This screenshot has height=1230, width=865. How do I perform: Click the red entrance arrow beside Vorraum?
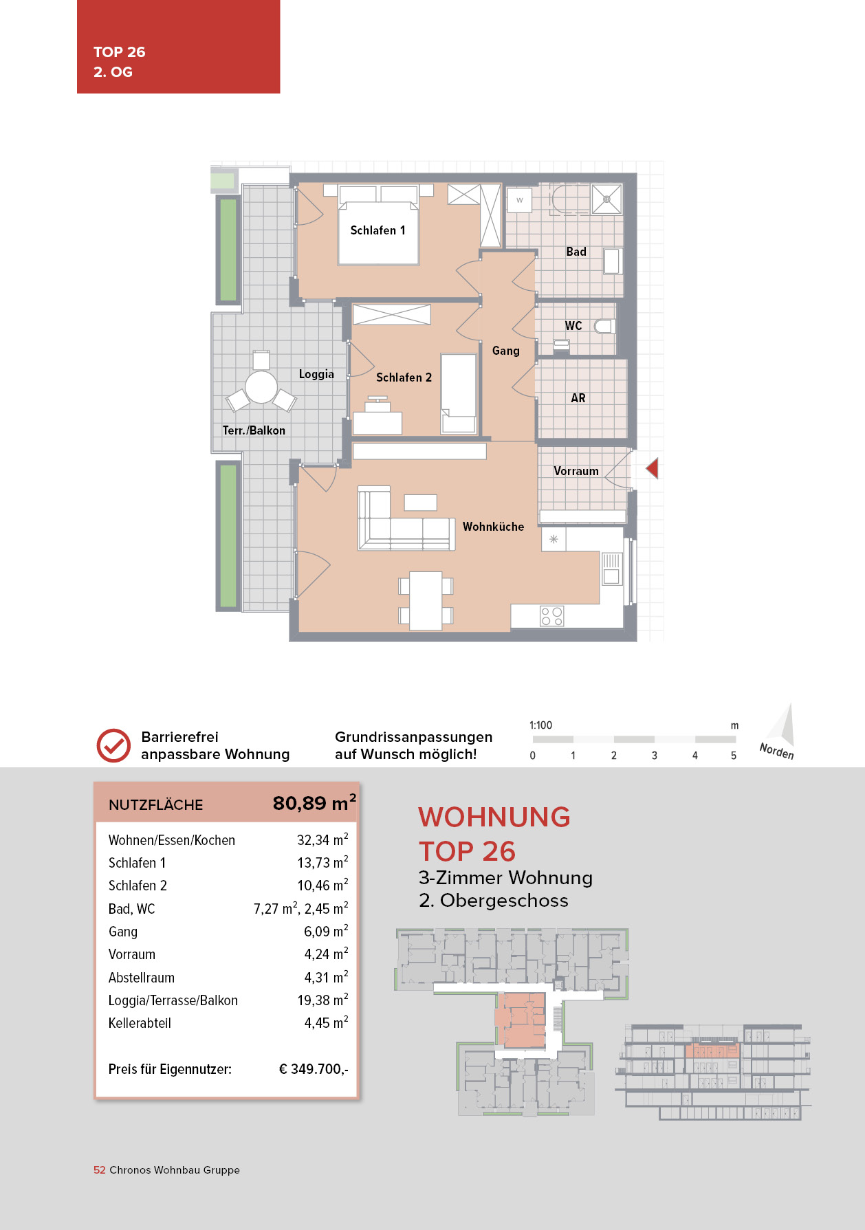pyautogui.click(x=652, y=469)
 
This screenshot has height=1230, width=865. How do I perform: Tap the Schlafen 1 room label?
pyautogui.click(x=377, y=230)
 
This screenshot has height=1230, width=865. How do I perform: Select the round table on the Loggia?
pyautogui.click(x=261, y=386)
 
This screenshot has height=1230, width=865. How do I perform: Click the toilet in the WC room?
pyautogui.click(x=604, y=326)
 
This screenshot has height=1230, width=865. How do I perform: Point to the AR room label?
pyautogui.click(x=578, y=398)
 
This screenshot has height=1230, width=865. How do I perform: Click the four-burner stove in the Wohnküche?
pyautogui.click(x=551, y=616)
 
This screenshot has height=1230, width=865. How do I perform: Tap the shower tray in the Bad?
pyautogui.click(x=606, y=199)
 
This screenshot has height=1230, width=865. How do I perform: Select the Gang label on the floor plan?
pyautogui.click(x=505, y=351)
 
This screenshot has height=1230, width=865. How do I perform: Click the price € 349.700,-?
pyautogui.click(x=314, y=1069)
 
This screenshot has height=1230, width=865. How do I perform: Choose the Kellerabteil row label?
pyautogui.click(x=140, y=1023)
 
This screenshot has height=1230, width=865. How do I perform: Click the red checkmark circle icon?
pyautogui.click(x=113, y=745)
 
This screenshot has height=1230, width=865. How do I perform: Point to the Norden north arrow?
pyautogui.click(x=782, y=730)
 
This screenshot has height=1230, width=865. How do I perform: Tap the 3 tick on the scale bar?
pyautogui.click(x=654, y=755)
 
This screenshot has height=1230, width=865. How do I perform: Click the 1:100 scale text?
pyautogui.click(x=540, y=725)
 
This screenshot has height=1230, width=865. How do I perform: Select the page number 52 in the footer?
pyautogui.click(x=99, y=1170)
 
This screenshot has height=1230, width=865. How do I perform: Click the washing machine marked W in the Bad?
pyautogui.click(x=520, y=200)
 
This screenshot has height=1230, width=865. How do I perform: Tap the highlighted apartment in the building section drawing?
pyautogui.click(x=712, y=1051)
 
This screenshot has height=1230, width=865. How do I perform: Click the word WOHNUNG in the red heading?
pyautogui.click(x=494, y=817)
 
